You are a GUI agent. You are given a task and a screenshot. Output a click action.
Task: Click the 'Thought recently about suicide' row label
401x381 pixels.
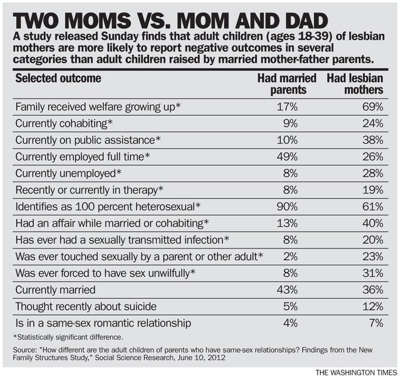[85, 306]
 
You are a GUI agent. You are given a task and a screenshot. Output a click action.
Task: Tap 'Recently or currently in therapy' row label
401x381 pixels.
[89, 189]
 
